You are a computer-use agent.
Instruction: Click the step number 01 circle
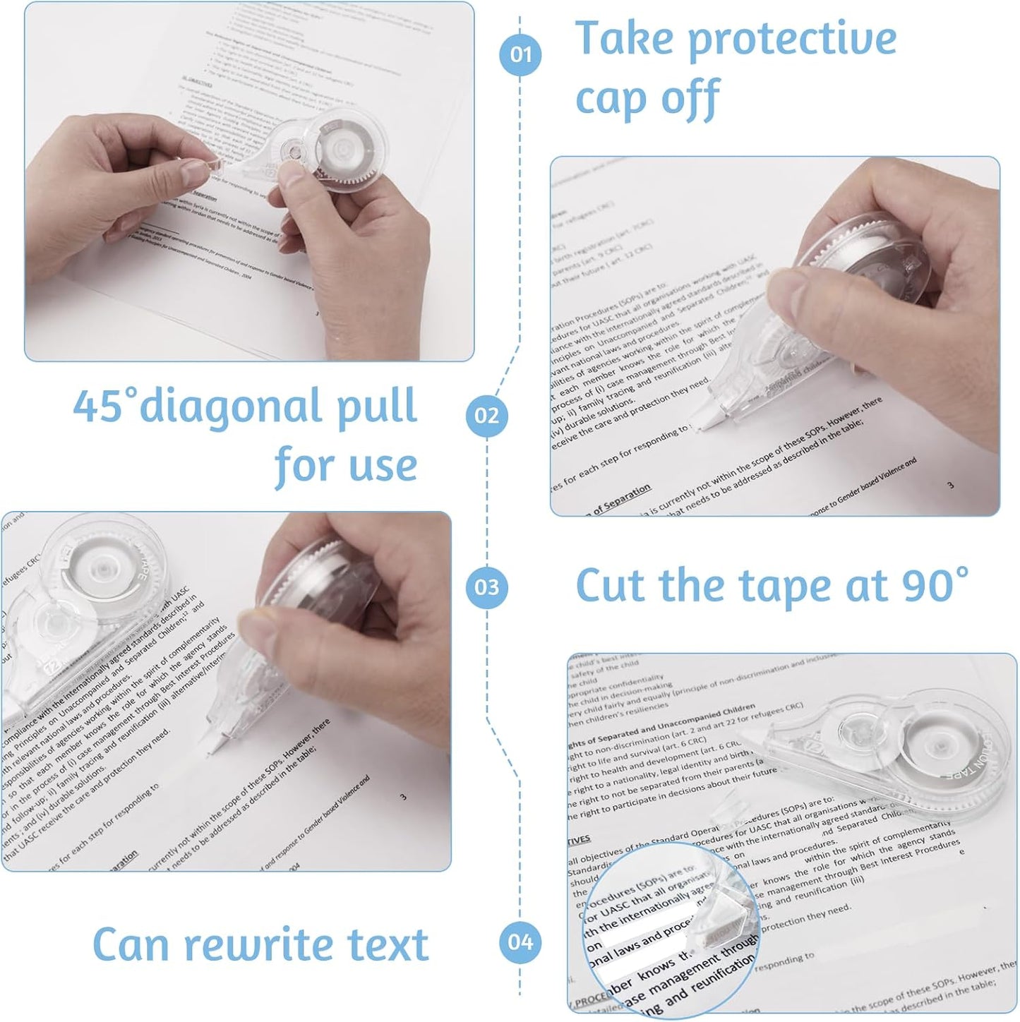[520, 54]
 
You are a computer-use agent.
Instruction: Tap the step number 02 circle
[486, 415]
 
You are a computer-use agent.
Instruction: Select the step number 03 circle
[486, 587]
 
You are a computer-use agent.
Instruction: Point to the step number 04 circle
[520, 942]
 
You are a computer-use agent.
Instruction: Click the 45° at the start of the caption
[104, 406]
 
